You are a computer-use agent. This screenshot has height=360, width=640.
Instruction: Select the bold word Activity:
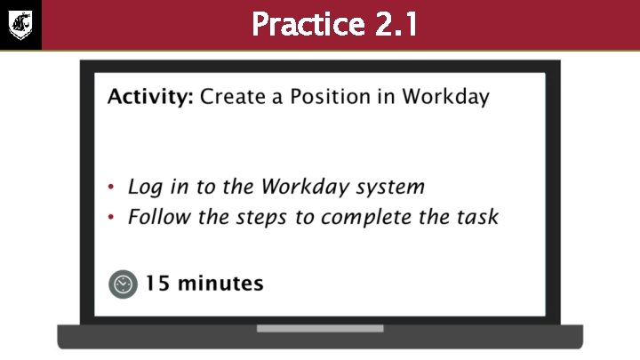coord(149,97)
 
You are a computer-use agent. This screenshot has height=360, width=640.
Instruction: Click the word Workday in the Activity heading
coord(445,97)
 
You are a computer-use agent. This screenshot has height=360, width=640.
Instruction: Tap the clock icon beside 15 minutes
coord(124,284)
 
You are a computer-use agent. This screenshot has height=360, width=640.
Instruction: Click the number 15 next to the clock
coord(157,284)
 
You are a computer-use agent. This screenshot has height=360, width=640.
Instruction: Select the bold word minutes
coord(220,284)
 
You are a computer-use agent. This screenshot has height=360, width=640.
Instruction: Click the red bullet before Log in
coord(111,188)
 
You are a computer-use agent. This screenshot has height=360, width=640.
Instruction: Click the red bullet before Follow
coord(111,218)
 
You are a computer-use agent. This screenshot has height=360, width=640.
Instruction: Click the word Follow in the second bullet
coord(156,217)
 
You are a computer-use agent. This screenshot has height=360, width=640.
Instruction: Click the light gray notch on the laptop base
coord(320,328)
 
